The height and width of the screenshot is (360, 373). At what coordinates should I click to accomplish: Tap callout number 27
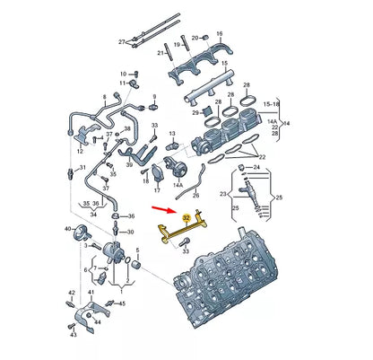click(x=123, y=41)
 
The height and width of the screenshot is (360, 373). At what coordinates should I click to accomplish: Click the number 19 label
click(x=178, y=44)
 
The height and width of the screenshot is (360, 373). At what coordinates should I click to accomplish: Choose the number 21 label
click(x=161, y=53)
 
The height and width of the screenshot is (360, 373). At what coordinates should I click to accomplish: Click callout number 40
click(x=67, y=230)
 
